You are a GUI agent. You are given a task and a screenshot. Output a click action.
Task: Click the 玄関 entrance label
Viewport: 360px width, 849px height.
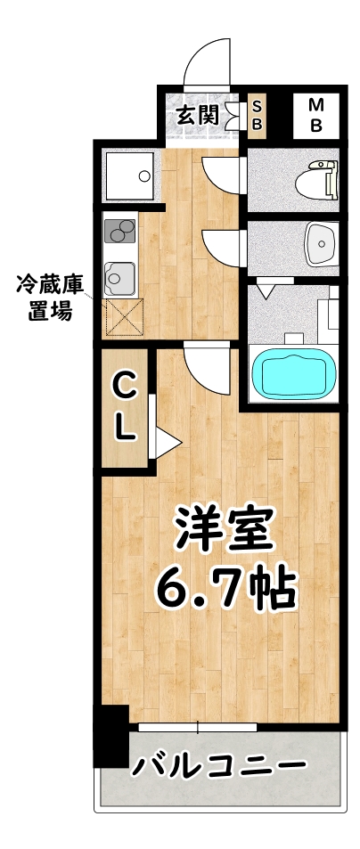(197, 114)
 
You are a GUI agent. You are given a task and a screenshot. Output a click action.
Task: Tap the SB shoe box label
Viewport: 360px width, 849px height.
(257, 114)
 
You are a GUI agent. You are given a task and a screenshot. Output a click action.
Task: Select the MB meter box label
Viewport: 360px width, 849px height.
(315, 114)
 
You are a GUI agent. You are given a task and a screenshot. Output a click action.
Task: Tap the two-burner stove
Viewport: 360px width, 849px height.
(120, 231)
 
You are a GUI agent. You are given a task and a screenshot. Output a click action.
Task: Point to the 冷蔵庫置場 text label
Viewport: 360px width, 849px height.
(50, 298)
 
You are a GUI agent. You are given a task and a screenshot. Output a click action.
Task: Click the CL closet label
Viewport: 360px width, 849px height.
(125, 407)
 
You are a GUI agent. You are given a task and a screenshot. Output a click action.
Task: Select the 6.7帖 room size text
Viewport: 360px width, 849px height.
(225, 588)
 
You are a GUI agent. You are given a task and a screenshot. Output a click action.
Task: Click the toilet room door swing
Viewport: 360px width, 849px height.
(223, 172)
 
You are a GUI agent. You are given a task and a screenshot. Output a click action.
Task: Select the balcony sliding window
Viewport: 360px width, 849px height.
(198, 727)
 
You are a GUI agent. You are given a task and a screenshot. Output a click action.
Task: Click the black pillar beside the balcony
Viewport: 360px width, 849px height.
(110, 735)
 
